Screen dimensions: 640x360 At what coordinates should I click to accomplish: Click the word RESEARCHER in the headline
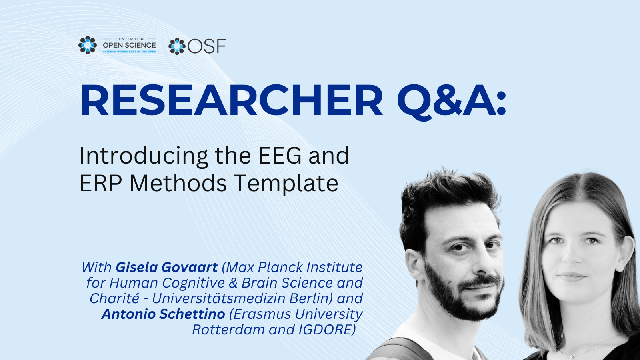tap(232, 100)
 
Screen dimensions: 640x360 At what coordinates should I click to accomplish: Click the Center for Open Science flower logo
tap(88, 45)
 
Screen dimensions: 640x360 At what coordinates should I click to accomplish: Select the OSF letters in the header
tap(207, 46)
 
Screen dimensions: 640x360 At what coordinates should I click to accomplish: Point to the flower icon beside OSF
tap(177, 46)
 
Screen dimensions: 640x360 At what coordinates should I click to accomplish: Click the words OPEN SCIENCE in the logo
tap(130, 45)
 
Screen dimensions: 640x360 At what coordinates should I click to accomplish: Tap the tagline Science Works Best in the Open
tap(130, 52)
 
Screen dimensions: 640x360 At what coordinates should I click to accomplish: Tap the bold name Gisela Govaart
tap(166, 268)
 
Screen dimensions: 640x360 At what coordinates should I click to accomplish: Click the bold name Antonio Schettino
tap(164, 314)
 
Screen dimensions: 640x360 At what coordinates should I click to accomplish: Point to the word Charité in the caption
tap(114, 298)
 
